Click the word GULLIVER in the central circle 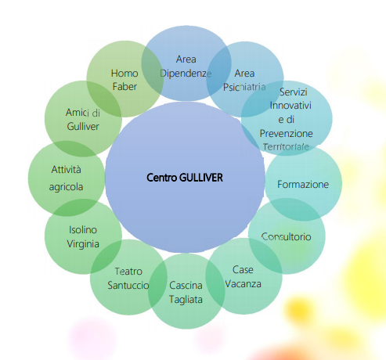(x=201, y=178)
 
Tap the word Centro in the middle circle (x=162, y=178)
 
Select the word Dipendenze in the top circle (x=186, y=74)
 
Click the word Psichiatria (x=244, y=87)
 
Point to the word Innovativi (x=290, y=106)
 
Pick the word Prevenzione (x=287, y=134)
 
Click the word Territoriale (x=286, y=147)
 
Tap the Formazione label (x=303, y=185)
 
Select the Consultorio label (x=287, y=237)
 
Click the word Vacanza (x=243, y=284)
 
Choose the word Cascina (x=186, y=286)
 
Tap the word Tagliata (x=186, y=300)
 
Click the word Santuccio (x=128, y=286)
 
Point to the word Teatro (x=128, y=272)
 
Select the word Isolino (x=83, y=230)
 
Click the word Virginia (x=83, y=244)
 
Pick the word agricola (x=66, y=187)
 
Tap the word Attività (x=66, y=170)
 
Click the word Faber (x=124, y=87)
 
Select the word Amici (x=76, y=113)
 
